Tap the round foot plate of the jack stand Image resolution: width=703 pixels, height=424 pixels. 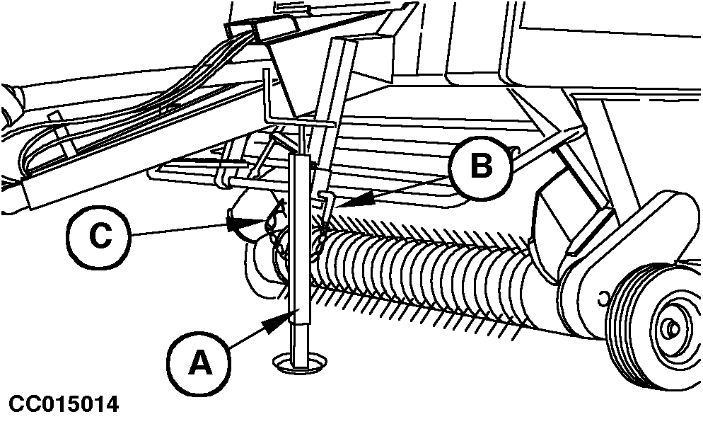299,362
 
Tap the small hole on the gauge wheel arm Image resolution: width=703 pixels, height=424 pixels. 603,296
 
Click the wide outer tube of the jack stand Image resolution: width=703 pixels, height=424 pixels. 299,238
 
